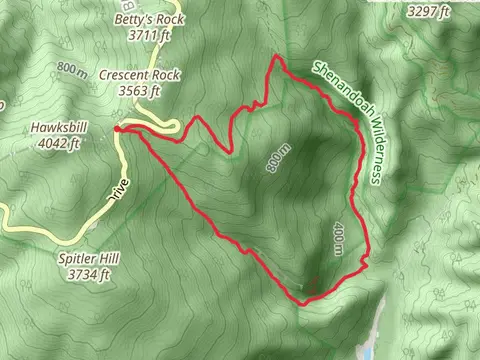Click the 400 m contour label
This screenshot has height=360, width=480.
(x=337, y=237)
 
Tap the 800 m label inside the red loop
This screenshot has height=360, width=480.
(x=279, y=160)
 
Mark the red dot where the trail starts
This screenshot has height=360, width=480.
(x=118, y=128)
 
